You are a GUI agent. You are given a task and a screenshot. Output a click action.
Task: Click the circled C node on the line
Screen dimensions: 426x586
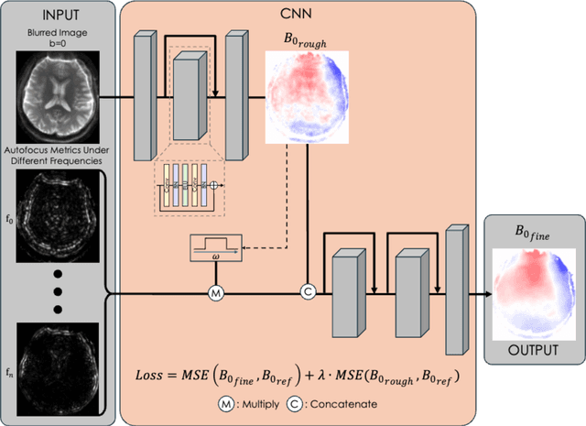[309, 294]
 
